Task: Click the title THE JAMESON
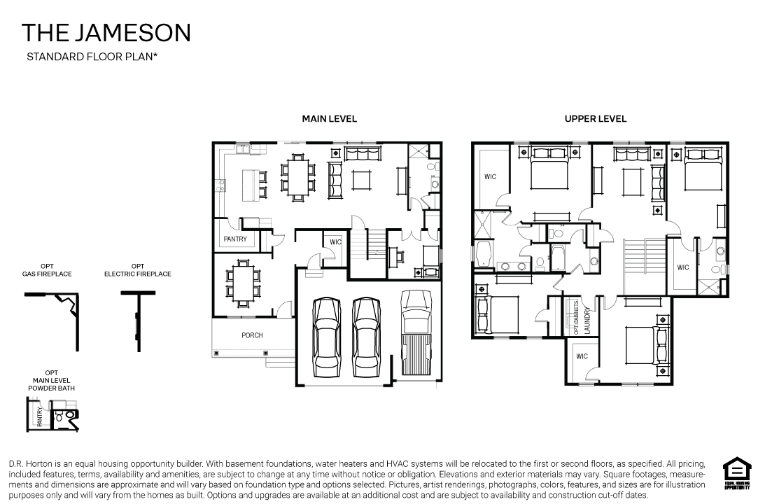point(106,32)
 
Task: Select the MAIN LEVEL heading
point(329,119)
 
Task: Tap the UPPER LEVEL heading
point(595,119)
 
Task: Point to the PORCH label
point(252,335)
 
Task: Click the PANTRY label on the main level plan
point(235,239)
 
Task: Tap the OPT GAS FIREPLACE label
point(47,270)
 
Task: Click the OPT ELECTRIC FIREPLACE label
point(138,270)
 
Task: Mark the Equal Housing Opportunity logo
point(734,474)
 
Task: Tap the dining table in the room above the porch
point(244,281)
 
